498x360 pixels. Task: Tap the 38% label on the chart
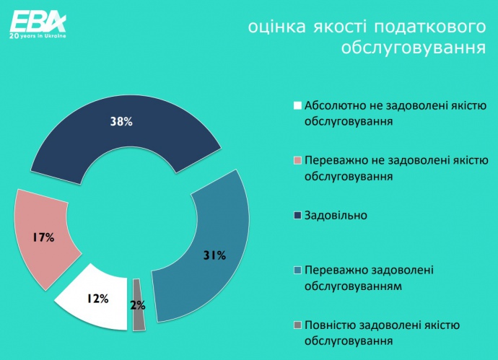click(121, 121)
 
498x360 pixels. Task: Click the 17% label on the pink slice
click(43, 237)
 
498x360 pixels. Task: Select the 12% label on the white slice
click(97, 299)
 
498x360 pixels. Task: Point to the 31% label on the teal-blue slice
click(214, 255)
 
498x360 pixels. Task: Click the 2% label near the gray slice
click(138, 305)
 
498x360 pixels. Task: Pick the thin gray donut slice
click(139, 305)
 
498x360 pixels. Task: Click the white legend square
click(297, 105)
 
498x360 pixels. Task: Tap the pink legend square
click(297, 160)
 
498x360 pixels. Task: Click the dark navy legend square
click(297, 216)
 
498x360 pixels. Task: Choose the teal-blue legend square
click(297, 270)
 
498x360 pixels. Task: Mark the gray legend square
click(297, 325)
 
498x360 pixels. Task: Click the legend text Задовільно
click(336, 216)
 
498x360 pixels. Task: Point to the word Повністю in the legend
click(331, 325)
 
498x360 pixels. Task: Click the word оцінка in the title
click(276, 27)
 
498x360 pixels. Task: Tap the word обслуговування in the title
click(414, 48)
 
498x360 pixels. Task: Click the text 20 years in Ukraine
click(38, 36)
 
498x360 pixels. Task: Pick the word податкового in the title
click(429, 27)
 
